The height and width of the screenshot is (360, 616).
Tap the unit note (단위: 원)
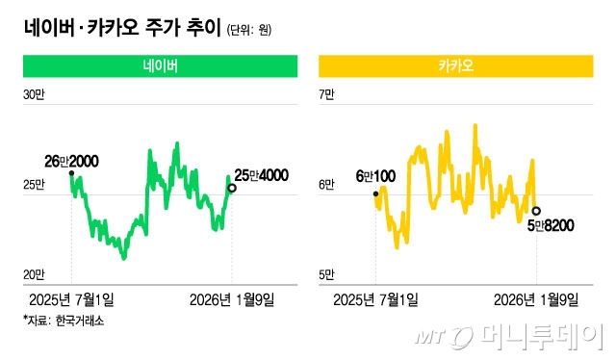(x=249, y=30)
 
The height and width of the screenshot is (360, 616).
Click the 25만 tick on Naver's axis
(x=35, y=184)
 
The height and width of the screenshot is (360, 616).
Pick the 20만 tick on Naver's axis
(x=35, y=274)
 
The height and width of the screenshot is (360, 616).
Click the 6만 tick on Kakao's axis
(x=326, y=184)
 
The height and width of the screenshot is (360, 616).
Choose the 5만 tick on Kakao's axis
(x=326, y=274)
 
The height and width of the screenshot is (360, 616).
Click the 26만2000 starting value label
(x=71, y=160)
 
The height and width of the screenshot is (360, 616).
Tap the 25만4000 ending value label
(x=261, y=174)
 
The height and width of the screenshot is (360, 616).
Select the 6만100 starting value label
(x=376, y=176)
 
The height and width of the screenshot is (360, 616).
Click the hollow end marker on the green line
(x=231, y=189)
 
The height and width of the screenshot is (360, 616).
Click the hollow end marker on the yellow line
(x=536, y=211)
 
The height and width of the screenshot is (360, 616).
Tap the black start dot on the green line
(x=71, y=173)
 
